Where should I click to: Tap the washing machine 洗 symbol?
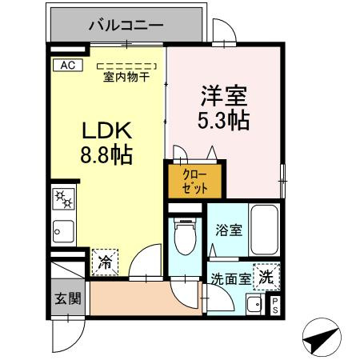tap(266, 276)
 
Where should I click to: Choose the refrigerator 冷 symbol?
tap(105, 261)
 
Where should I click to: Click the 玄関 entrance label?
tap(68, 298)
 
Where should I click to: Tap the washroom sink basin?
tap(254, 304)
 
